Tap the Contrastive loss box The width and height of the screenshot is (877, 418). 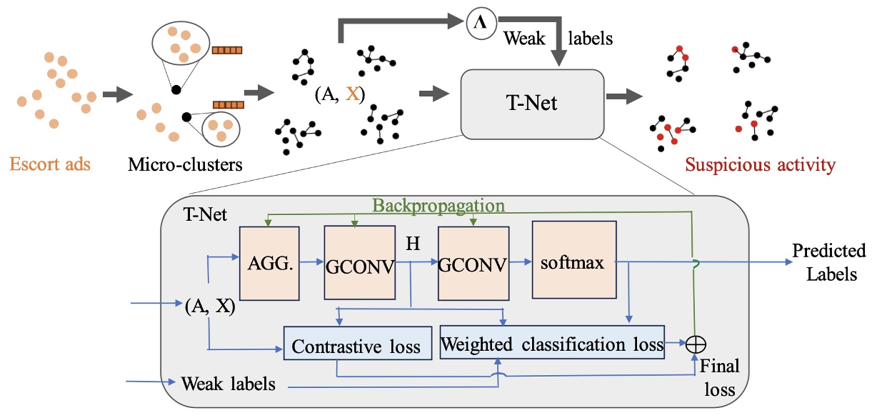357,348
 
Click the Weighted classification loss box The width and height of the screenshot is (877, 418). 552,344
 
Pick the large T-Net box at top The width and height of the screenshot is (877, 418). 528,104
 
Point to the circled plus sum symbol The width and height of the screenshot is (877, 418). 693,345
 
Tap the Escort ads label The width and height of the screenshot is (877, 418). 50,164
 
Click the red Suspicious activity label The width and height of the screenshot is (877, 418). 760,165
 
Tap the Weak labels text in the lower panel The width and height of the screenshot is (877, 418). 229,384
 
